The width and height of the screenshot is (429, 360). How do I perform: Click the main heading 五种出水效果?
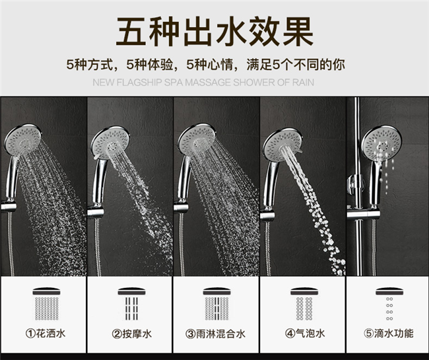pos(214,32)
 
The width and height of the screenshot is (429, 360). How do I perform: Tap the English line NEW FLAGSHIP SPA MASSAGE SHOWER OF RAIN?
pos(203,83)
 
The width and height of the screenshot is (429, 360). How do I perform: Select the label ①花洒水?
pos(46,334)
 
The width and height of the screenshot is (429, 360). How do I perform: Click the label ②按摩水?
pos(131,334)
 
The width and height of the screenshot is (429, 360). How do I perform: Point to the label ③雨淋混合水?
pos(216,334)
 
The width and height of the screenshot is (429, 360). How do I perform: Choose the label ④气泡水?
pos(305,333)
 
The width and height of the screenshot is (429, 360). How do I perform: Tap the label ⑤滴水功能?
pos(389,333)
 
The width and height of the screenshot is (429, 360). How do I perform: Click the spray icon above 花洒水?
pos(46,304)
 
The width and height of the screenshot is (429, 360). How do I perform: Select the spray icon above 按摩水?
pos(131,304)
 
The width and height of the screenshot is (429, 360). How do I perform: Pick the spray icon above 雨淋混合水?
pos(216,304)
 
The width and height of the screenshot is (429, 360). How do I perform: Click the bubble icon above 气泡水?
pos(304,304)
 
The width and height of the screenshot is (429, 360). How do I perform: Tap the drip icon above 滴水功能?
pos(389,304)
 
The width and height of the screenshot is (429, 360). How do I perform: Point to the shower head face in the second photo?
pos(110,143)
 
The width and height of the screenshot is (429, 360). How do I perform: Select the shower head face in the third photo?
pos(197,140)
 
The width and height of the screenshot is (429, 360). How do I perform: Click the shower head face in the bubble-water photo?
pos(282,145)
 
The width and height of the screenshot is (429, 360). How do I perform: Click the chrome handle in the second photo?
pos(99,181)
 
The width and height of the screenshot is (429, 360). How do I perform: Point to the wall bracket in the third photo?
pos(181,207)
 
